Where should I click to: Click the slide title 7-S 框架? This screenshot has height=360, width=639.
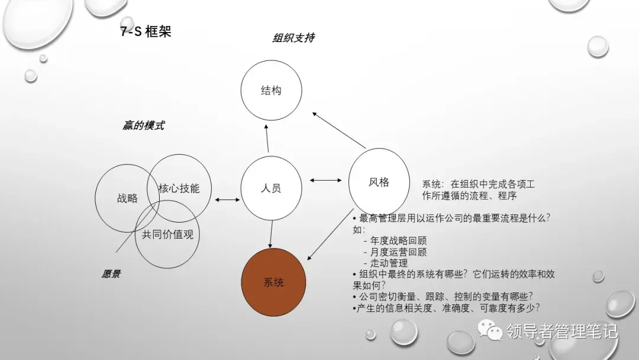coord(146,31)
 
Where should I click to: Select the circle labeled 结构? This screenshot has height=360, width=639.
coord(271,91)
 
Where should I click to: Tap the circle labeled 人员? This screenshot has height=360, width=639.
coord(270,188)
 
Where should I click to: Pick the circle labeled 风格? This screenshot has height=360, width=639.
coord(379,182)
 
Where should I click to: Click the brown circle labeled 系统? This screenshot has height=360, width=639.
coord(273,282)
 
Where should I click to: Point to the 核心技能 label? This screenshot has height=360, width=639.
coord(179,188)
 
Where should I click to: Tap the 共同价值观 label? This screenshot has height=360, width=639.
coord(167,234)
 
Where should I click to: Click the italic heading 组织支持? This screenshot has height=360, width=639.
coord(293,38)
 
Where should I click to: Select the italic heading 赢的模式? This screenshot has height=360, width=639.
coord(143,125)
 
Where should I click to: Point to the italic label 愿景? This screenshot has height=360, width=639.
coord(111,274)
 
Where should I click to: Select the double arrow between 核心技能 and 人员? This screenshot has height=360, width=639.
coord(227,200)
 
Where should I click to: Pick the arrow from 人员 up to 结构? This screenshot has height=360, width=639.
coord(267,140)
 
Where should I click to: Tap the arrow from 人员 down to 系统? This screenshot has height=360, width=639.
coord(272,234)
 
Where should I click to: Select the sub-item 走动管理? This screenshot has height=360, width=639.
coord(388,263)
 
